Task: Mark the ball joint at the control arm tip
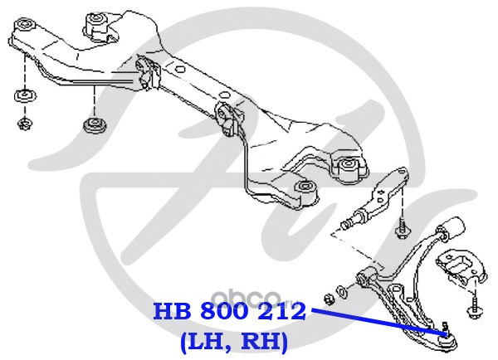(x=446, y=333)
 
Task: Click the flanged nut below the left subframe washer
(x=24, y=124)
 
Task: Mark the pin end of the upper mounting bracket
(x=348, y=224)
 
